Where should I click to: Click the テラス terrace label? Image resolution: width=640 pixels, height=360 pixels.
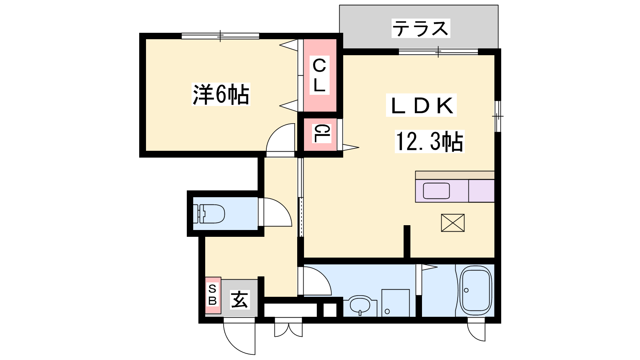(420, 28)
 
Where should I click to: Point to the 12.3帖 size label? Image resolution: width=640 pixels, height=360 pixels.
(430, 141)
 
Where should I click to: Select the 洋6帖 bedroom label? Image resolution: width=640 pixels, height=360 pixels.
(221, 94)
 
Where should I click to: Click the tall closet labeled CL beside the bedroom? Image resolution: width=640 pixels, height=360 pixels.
(320, 76)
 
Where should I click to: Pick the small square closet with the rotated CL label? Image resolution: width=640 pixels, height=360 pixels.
(320, 134)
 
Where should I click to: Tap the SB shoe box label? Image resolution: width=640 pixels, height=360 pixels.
(212, 295)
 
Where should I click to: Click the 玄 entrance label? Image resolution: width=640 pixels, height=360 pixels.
(240, 300)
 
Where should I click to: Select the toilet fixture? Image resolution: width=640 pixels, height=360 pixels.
(209, 214)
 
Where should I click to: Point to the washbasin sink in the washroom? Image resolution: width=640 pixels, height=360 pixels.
(360, 306)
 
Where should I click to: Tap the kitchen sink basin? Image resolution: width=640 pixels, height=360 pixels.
(436, 191)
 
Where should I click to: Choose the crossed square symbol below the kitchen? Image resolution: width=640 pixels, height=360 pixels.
(452, 223)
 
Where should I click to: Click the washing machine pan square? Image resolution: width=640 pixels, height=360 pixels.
(396, 303)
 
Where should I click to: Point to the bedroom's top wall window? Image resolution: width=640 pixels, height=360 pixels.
(220, 36)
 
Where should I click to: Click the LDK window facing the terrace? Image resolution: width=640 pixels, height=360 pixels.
(438, 52)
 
